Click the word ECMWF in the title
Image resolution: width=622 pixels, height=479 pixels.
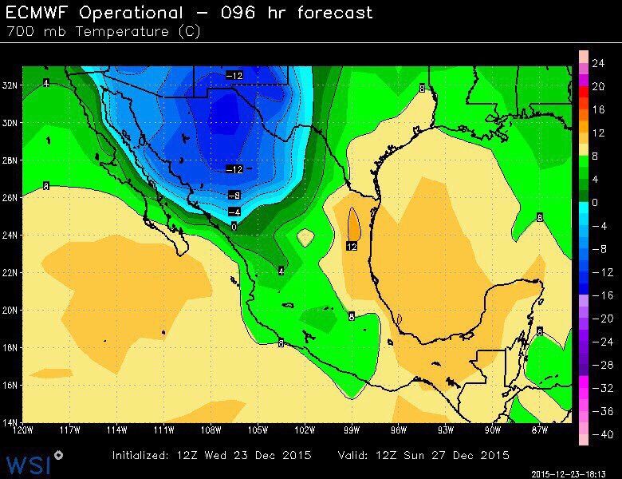pyautogui.click(x=41, y=13)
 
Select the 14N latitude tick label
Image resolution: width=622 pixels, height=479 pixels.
pyautogui.click(x=11, y=422)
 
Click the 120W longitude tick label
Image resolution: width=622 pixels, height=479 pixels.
pyautogui.click(x=25, y=431)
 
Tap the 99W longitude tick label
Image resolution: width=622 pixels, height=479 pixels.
pyautogui.click(x=352, y=431)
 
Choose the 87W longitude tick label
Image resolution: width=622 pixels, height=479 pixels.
pyautogui.click(x=539, y=431)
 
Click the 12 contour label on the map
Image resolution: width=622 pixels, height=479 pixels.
pyautogui.click(x=352, y=247)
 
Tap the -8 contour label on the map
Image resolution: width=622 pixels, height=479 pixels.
pyautogui.click(x=234, y=195)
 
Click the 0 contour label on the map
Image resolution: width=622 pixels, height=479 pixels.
pyautogui.click(x=234, y=227)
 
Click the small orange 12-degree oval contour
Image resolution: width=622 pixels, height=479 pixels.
pyautogui.click(x=354, y=223)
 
